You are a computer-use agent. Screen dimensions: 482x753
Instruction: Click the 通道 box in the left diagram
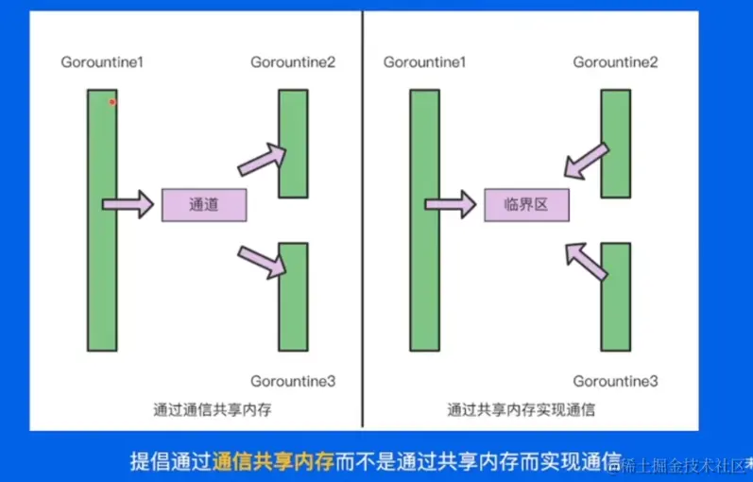tap(204, 204)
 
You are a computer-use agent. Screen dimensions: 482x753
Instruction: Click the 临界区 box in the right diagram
tap(528, 204)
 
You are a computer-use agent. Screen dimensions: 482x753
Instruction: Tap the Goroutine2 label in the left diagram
tap(293, 62)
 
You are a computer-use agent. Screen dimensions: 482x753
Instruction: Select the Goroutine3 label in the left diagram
tap(293, 381)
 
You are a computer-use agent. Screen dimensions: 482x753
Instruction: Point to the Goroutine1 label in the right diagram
tap(426, 62)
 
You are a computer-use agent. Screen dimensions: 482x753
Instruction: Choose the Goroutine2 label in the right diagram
tap(615, 62)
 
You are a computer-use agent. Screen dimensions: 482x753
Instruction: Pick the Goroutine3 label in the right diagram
tap(615, 381)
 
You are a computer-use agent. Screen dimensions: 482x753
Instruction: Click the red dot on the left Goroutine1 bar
tap(111, 102)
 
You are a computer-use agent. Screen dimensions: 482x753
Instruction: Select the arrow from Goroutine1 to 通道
tap(128, 203)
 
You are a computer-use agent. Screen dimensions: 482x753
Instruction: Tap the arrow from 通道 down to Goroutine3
tap(262, 260)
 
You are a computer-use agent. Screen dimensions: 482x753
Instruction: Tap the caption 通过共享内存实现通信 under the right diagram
tap(522, 411)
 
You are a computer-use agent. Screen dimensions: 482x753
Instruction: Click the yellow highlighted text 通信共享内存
tap(274, 461)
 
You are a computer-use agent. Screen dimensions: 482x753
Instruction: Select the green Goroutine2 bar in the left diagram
tap(293, 144)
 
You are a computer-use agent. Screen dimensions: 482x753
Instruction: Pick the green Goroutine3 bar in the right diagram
tap(615, 297)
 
